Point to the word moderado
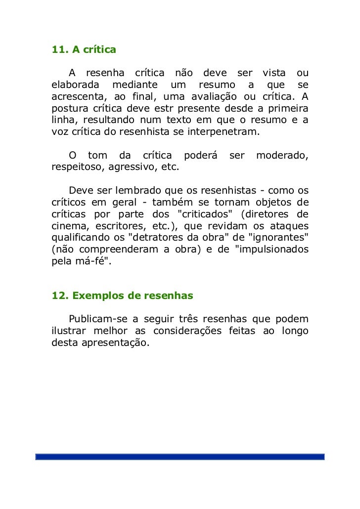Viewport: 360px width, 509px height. tap(282, 156)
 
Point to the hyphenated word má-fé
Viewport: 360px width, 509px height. tap(92, 262)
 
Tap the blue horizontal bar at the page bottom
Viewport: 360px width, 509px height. tap(180, 457)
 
